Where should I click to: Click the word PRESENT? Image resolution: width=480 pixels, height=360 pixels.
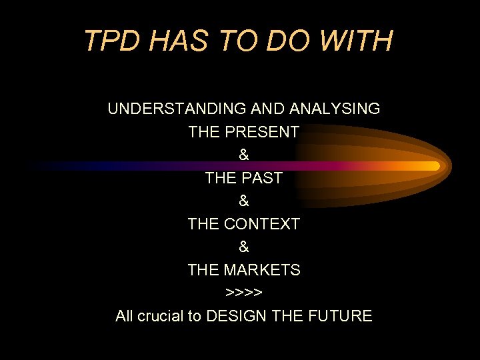[262, 132]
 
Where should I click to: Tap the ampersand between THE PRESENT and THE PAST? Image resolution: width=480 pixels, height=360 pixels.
[244, 155]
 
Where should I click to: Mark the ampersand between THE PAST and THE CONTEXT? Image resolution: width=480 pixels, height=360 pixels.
[244, 201]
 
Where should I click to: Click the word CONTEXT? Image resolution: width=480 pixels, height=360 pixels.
[262, 224]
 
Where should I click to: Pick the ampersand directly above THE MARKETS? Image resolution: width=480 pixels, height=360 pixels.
[244, 247]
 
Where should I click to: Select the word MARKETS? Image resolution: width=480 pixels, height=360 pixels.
[262, 270]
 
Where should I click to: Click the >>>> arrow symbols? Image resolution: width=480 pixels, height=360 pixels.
[244, 293]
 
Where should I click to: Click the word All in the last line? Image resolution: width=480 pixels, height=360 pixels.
[124, 316]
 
